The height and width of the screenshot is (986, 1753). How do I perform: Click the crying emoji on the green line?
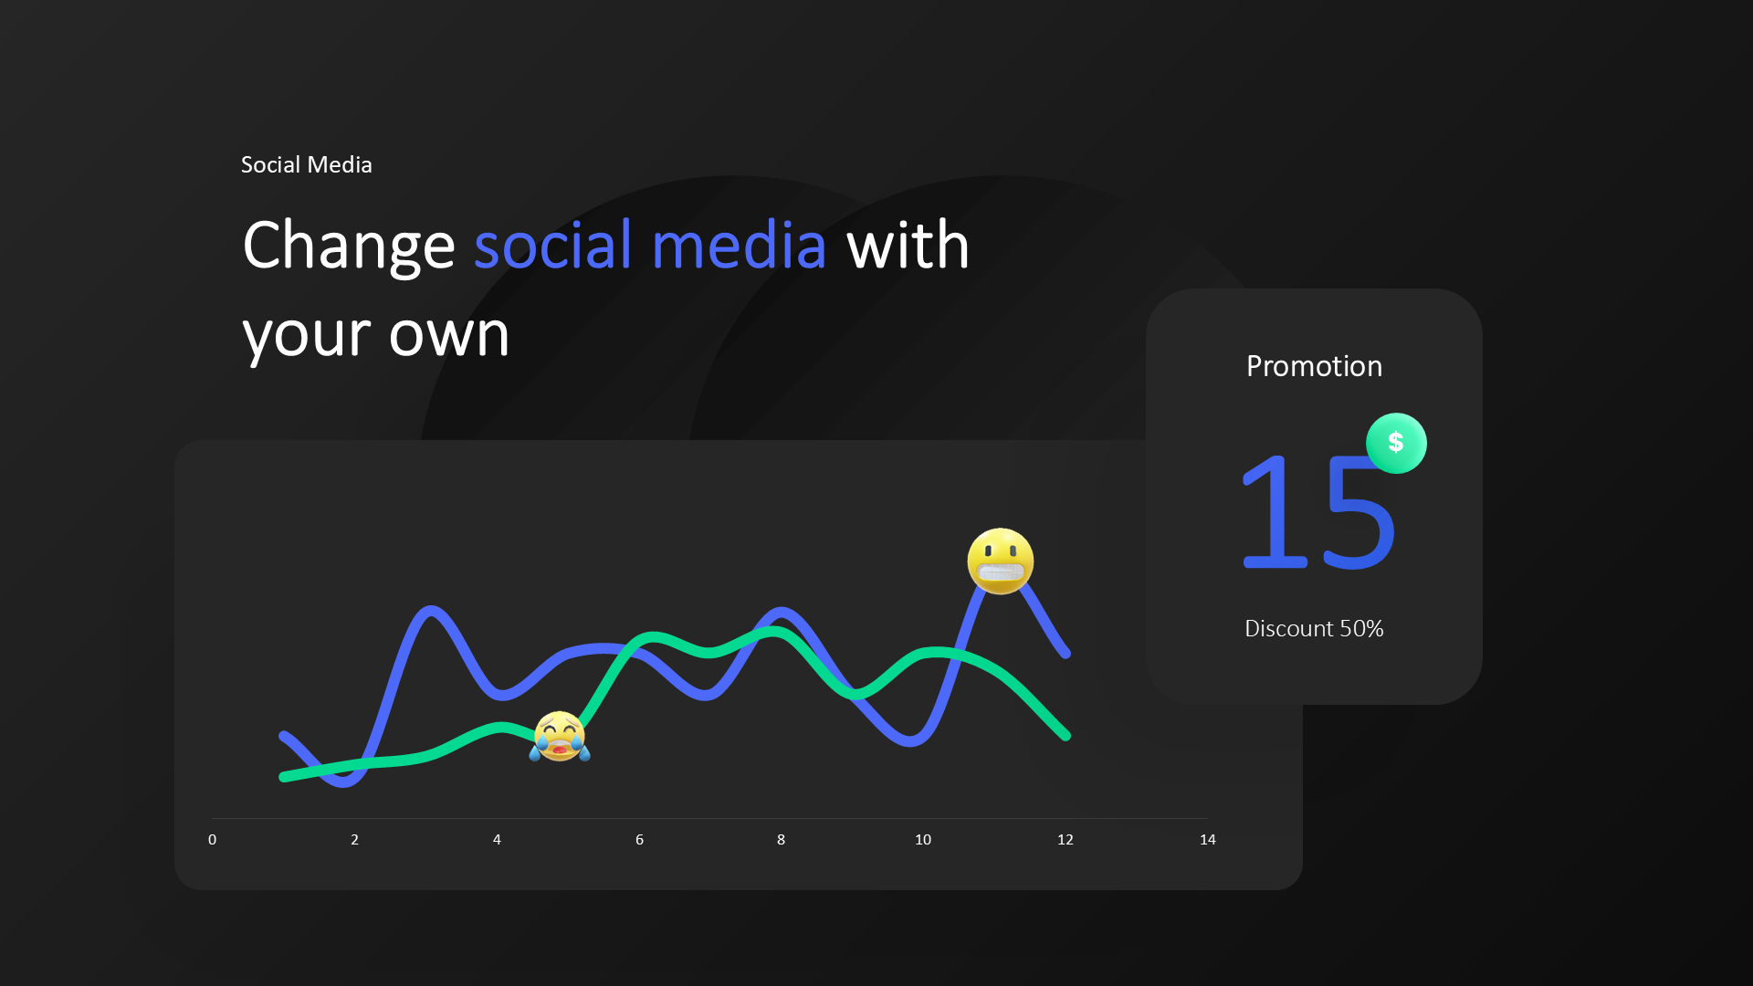560,737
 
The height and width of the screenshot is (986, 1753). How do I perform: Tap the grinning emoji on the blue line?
1001,561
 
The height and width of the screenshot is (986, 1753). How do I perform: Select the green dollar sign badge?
1396,443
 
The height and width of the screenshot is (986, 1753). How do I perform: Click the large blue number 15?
1317,511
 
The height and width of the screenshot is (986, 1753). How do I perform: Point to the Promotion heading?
1314,366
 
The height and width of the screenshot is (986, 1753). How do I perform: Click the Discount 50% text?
1314,628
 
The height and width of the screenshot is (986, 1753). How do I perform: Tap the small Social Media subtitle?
306,164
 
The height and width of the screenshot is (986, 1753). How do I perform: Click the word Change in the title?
348,246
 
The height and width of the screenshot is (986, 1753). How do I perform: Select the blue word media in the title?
739,246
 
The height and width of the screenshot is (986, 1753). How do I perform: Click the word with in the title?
908,246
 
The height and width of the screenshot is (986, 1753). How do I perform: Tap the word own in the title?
448,334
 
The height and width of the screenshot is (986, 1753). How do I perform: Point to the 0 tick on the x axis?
213,839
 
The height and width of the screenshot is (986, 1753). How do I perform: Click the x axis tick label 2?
355,839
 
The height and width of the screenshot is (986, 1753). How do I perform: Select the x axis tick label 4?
497,839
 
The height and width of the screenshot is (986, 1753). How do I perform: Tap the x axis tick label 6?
639,839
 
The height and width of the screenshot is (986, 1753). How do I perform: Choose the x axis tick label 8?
781,839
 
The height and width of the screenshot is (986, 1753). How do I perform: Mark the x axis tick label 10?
923,839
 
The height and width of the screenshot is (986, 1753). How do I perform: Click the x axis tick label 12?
1065,839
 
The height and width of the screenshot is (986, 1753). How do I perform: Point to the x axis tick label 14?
1207,839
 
